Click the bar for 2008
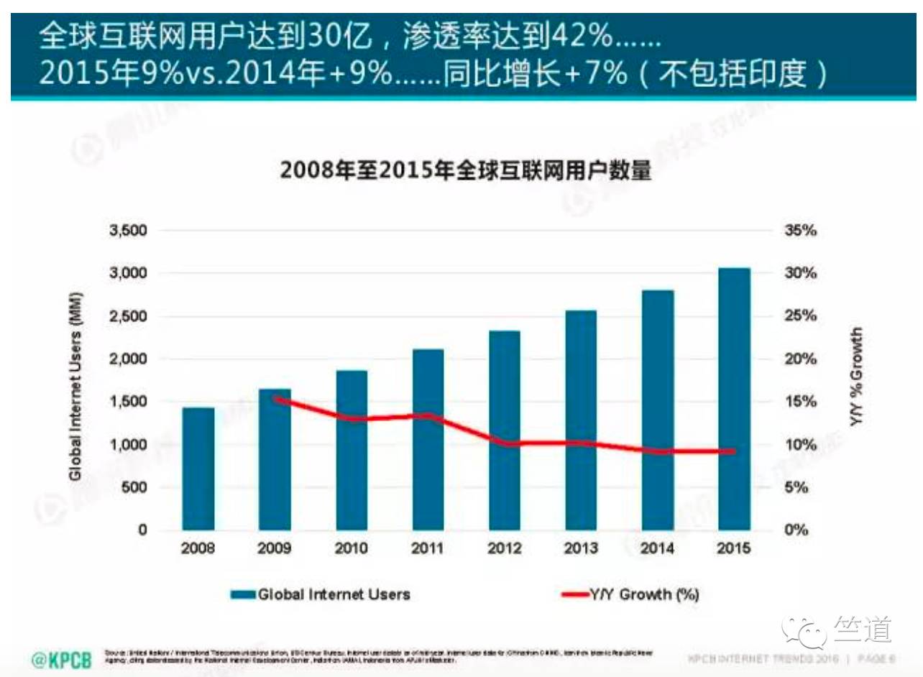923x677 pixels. [x=198, y=469]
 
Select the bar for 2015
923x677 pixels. [x=734, y=399]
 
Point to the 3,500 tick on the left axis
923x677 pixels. [x=127, y=231]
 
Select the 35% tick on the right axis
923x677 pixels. [x=800, y=231]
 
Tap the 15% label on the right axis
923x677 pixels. [x=800, y=402]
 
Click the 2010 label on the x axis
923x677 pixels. [x=352, y=549]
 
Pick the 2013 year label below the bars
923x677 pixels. [x=581, y=549]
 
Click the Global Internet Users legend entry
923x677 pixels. [x=320, y=594]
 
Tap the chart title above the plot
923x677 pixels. [x=465, y=171]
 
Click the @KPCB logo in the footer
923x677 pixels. [x=62, y=659]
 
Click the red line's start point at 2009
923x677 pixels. [x=275, y=399]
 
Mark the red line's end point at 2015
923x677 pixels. [x=734, y=451]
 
